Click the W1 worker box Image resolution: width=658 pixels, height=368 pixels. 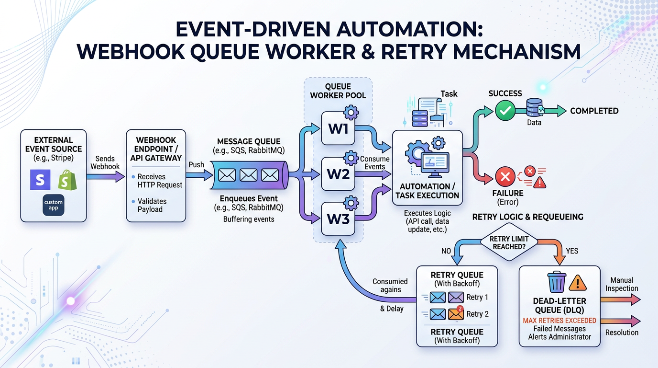[x=338, y=128]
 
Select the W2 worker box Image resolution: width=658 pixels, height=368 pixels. [x=338, y=173]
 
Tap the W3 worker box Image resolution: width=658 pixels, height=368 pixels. [x=338, y=218]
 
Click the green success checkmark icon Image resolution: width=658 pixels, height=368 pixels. [x=504, y=111]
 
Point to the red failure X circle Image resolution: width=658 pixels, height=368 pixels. [x=504, y=177]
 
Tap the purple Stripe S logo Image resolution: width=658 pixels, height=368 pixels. [x=41, y=180]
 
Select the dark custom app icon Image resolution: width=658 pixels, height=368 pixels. [x=53, y=206]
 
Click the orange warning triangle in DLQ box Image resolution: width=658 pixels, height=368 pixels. [x=578, y=283]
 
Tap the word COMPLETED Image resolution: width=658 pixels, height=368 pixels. [x=594, y=111]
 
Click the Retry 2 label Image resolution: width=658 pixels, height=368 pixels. [x=477, y=314]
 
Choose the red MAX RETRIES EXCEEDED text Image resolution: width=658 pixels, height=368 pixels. [x=559, y=320]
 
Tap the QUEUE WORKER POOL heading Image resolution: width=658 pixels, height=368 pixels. [x=338, y=91]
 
